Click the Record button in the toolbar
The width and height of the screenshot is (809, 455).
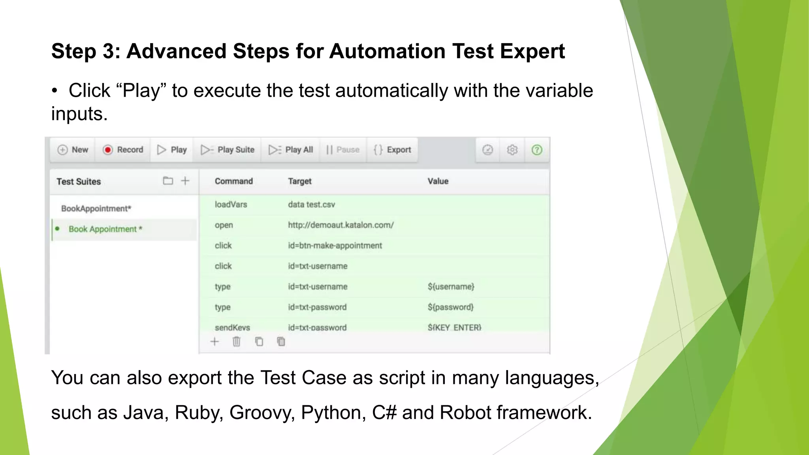click(123, 150)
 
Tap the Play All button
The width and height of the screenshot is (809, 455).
click(291, 150)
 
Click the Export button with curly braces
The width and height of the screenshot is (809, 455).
click(392, 150)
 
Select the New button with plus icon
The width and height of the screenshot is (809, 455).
click(73, 150)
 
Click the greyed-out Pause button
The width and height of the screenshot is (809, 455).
click(343, 150)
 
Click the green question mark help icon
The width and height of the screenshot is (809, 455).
click(536, 150)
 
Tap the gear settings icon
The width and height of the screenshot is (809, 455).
click(512, 150)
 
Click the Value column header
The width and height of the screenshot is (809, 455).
click(438, 181)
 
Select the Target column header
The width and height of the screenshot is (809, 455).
click(299, 181)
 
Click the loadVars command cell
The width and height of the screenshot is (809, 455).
click(231, 205)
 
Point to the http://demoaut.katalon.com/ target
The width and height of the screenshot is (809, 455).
click(341, 225)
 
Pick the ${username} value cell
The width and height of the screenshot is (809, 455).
click(451, 287)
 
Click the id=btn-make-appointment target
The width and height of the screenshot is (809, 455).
click(335, 246)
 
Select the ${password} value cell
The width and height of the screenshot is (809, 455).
click(450, 307)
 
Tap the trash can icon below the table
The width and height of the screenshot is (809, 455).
click(236, 342)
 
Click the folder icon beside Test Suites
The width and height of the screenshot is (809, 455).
click(168, 181)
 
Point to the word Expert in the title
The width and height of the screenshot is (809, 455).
click(532, 51)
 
